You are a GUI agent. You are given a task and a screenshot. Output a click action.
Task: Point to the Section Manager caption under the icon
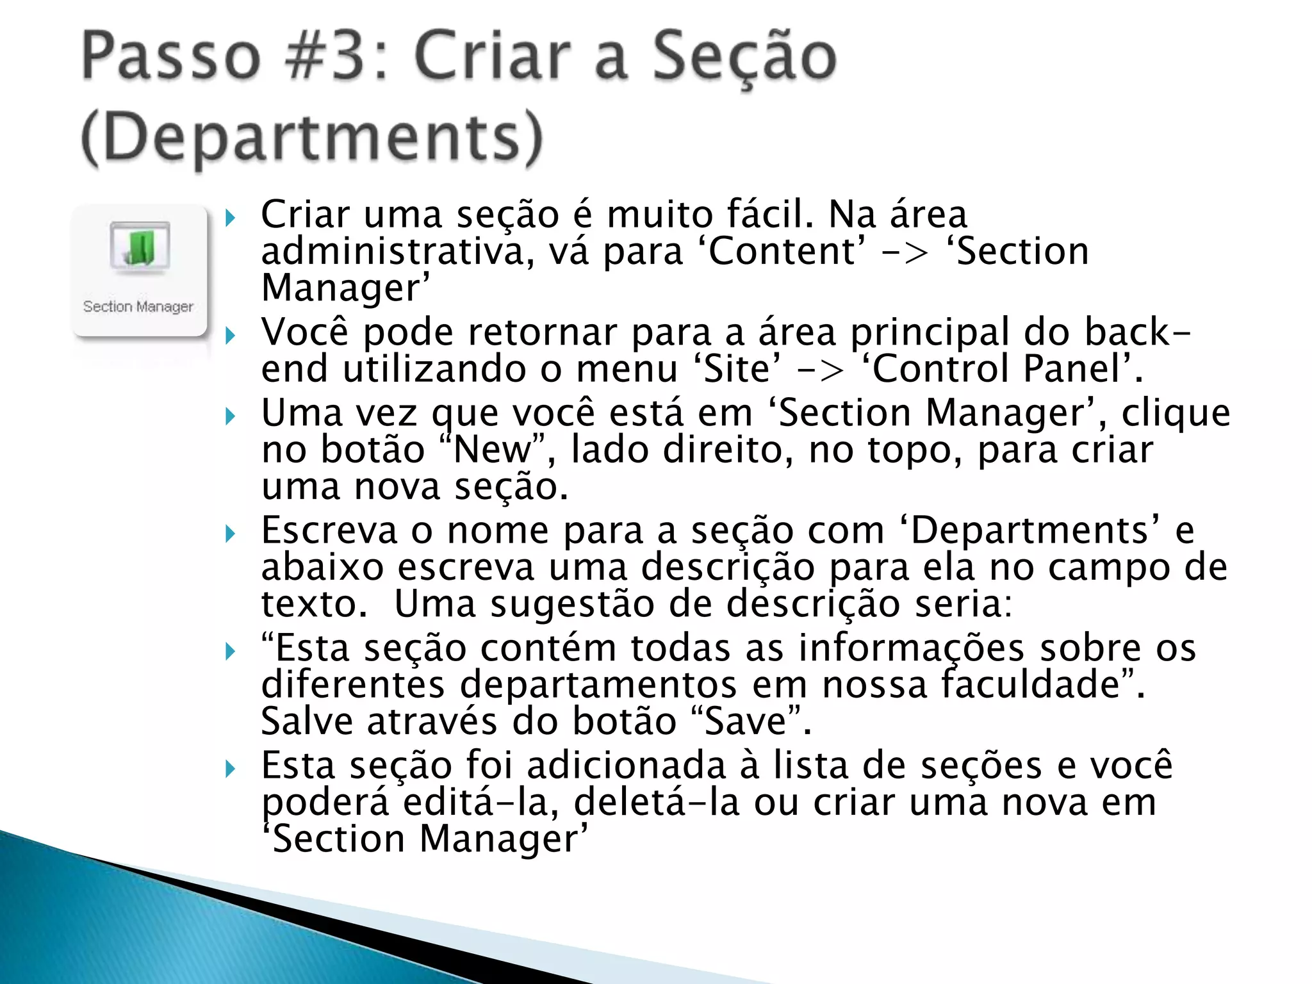(138, 307)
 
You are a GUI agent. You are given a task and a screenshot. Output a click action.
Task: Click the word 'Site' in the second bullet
(737, 370)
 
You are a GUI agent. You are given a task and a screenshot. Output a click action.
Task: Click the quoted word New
(491, 450)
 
